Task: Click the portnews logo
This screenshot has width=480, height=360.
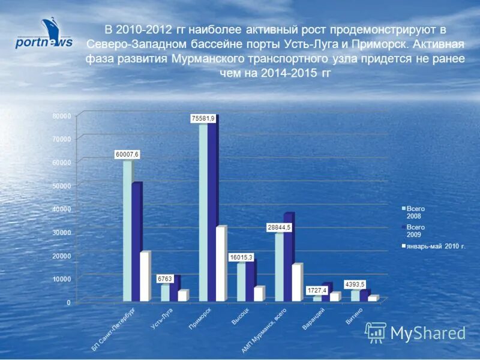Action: point(44,35)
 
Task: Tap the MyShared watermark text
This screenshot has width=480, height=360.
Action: point(428,333)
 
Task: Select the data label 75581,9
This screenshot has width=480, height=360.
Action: point(203,119)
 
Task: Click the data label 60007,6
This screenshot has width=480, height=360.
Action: point(127,155)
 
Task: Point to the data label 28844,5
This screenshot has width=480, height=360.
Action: point(279,228)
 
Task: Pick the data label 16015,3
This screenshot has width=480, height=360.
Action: point(241,257)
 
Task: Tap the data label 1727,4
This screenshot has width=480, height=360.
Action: point(317,290)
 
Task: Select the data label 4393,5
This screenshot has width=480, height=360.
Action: point(355,284)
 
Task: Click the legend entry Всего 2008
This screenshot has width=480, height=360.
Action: point(415,211)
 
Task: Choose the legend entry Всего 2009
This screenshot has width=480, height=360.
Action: point(415,231)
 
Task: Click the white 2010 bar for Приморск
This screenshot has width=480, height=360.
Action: point(221,264)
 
